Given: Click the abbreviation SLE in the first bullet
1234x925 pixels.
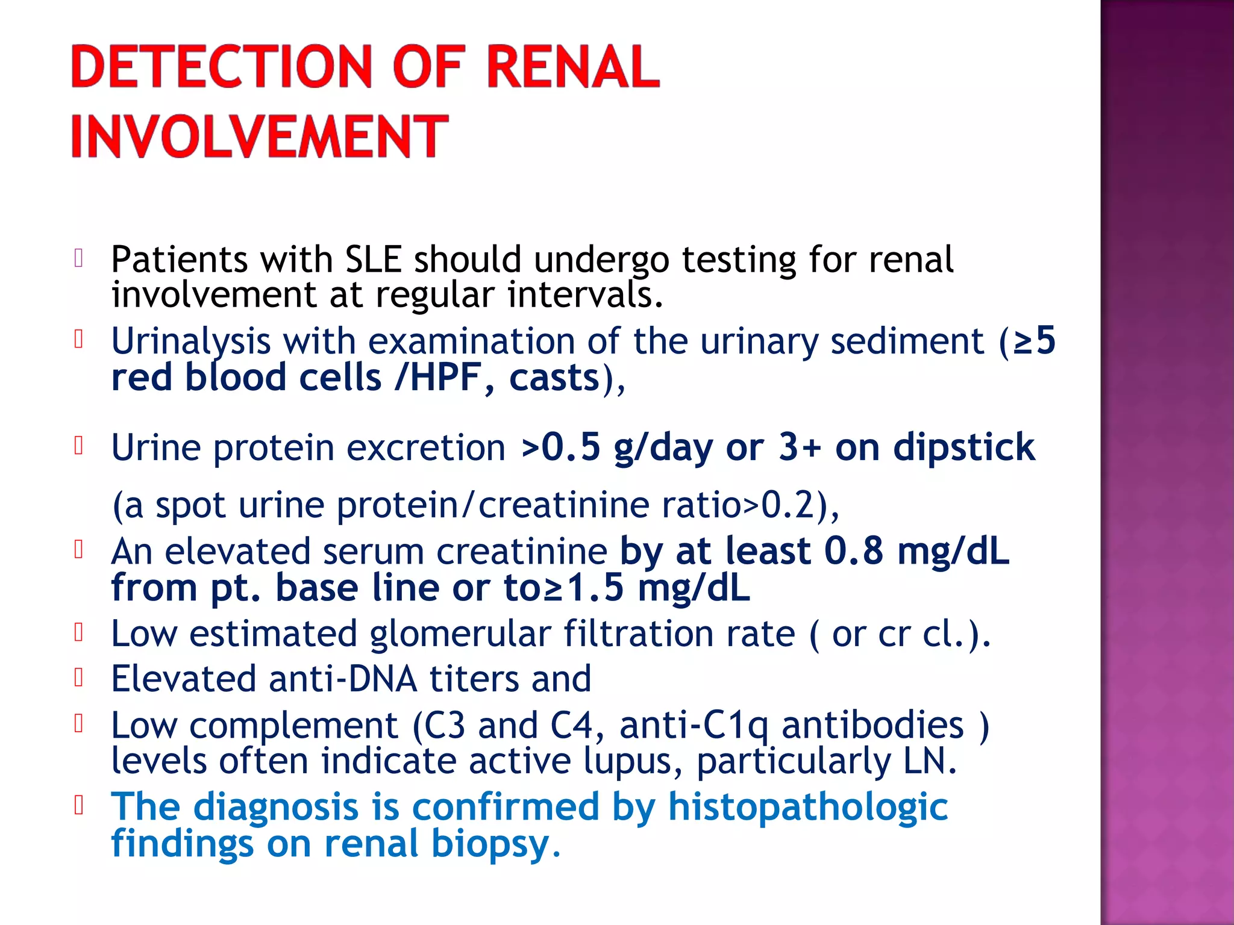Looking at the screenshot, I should (373, 260).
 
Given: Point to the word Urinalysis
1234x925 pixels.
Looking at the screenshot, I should (190, 341).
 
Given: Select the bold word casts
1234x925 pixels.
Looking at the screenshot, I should (554, 378).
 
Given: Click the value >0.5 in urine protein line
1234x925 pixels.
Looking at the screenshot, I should (560, 447).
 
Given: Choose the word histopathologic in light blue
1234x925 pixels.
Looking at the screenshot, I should (808, 807).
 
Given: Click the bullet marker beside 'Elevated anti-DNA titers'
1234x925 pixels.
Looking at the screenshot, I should (78, 678).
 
